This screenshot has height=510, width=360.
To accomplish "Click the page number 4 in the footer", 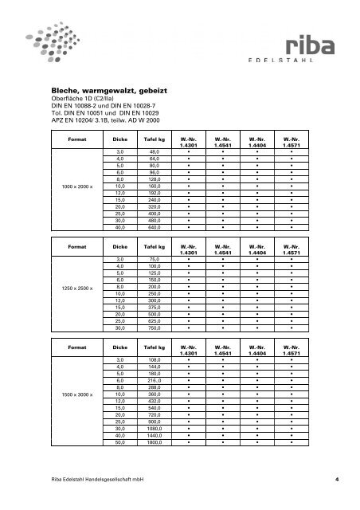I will [x=337, y=479].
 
